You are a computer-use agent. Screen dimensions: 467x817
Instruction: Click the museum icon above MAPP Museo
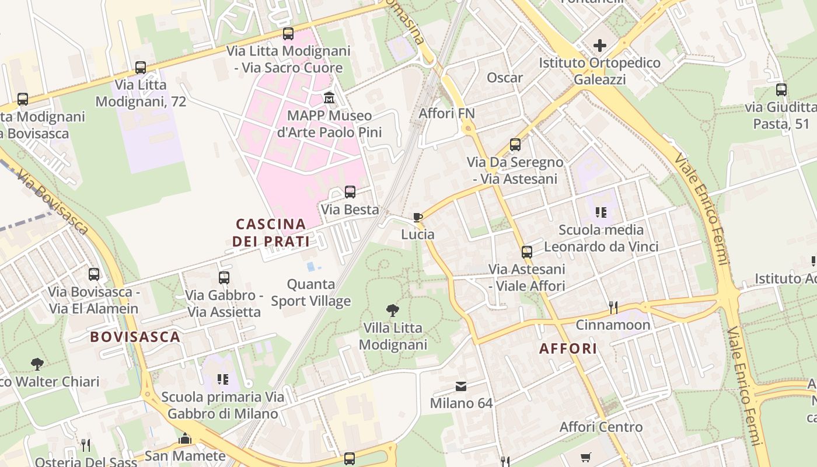point(329,97)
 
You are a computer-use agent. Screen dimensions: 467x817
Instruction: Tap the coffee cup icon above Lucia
point(418,218)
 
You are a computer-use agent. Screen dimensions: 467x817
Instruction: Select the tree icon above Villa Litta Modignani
point(393,310)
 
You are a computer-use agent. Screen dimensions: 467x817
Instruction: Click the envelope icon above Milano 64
point(461,386)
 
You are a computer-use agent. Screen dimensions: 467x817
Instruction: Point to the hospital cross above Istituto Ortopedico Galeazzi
point(599,46)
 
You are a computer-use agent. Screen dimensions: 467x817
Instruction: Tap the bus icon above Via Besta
point(350,192)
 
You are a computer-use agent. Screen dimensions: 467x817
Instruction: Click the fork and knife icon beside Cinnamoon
point(613,307)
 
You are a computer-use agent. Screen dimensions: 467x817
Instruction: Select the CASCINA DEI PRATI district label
point(271,232)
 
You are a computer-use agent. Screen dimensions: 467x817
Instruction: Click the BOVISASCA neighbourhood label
point(135,337)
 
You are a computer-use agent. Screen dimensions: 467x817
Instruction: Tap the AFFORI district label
point(568,348)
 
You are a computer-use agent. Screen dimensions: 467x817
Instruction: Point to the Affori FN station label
point(447,113)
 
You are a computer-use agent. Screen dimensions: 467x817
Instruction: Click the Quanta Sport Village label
point(311,292)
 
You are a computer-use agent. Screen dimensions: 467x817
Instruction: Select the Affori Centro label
point(601,427)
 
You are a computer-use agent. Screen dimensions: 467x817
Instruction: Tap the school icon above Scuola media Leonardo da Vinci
point(601,212)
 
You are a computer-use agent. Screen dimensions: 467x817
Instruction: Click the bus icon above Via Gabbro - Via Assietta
point(224,278)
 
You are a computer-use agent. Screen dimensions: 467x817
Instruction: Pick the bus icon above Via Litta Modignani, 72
point(141,68)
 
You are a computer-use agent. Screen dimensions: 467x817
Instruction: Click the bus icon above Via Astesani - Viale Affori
point(527,252)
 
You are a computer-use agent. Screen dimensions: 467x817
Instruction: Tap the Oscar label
point(505,78)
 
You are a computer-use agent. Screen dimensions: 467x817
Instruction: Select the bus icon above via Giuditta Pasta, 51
point(781,90)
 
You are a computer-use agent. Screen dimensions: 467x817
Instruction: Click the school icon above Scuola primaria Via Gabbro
point(222,379)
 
